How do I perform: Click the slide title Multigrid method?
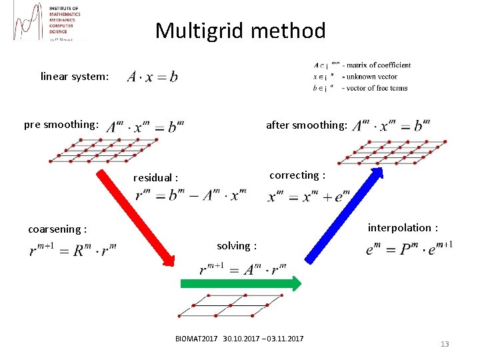(x=240, y=31)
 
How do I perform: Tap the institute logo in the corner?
(x=47, y=23)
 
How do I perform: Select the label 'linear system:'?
(x=75, y=76)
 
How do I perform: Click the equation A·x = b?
(x=152, y=76)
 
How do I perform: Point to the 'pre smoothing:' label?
(x=61, y=125)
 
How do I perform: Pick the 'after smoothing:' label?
(x=306, y=125)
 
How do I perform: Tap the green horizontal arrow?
(x=240, y=283)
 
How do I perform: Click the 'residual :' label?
(x=156, y=178)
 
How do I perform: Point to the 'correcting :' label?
(x=297, y=175)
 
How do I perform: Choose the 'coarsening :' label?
(x=57, y=229)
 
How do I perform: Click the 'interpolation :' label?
(x=403, y=228)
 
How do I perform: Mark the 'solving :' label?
(x=237, y=246)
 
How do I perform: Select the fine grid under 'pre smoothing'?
(x=104, y=151)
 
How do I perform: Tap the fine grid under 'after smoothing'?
(x=393, y=151)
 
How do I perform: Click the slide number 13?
(x=445, y=344)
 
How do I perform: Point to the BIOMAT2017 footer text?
(x=239, y=339)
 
